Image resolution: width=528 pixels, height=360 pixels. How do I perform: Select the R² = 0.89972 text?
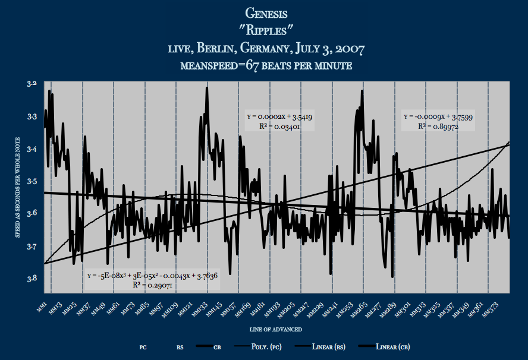(438, 126)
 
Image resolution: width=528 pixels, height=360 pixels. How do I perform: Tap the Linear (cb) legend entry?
(392, 346)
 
